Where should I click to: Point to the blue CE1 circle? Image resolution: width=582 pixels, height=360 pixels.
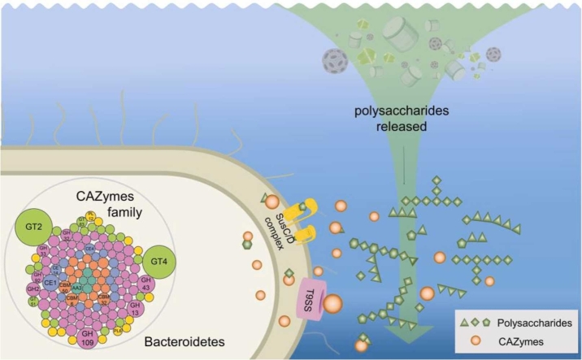click(50, 283)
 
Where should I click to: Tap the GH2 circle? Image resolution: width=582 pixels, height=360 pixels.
click(33, 289)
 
